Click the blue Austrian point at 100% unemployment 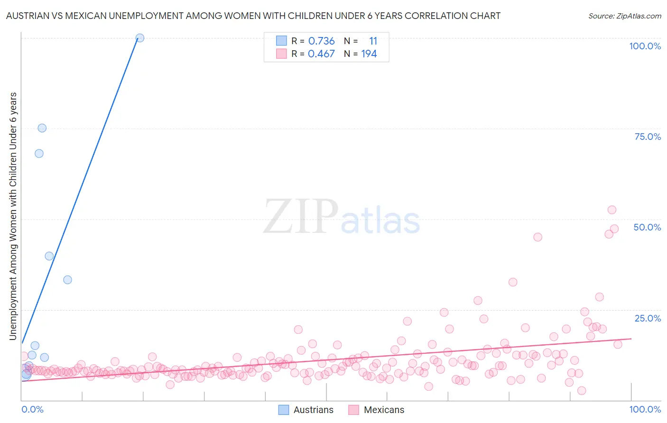139,38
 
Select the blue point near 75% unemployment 42,128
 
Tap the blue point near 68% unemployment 39,153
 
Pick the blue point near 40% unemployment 49,256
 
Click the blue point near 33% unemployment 67,280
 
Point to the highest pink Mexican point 611,210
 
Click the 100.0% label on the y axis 645,46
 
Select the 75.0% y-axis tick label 648,137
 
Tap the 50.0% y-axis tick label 647,227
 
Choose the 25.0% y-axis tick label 648,318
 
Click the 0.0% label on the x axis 32,409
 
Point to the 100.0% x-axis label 645,409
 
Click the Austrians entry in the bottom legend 313,410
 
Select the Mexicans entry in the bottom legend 384,410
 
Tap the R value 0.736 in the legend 321,41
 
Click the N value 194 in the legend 369,54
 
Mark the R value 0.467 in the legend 321,54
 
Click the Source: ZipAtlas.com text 624,16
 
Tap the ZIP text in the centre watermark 300,217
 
